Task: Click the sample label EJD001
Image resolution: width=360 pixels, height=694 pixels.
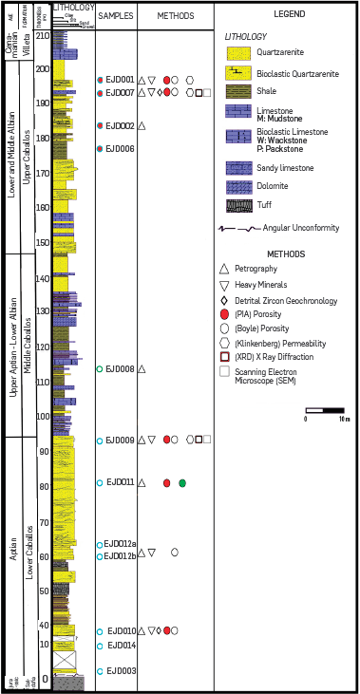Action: pyautogui.click(x=120, y=80)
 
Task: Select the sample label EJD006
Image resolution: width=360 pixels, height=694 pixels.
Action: pyautogui.click(x=120, y=149)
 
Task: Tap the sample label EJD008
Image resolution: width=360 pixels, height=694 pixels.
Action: pyautogui.click(x=120, y=369)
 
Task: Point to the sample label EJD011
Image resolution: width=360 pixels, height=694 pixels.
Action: pyautogui.click(x=121, y=482)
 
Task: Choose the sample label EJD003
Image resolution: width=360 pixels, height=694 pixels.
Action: pyautogui.click(x=121, y=671)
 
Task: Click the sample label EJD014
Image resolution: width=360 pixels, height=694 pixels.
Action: pyautogui.click(x=121, y=646)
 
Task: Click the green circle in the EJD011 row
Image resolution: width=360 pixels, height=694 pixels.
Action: pyautogui.click(x=182, y=483)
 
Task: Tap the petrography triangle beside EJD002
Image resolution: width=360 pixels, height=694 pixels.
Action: pyautogui.click(x=142, y=126)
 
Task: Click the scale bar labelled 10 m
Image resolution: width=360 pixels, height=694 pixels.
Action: pyautogui.click(x=328, y=411)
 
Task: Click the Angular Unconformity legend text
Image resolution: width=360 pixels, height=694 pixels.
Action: pyautogui.click(x=303, y=228)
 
